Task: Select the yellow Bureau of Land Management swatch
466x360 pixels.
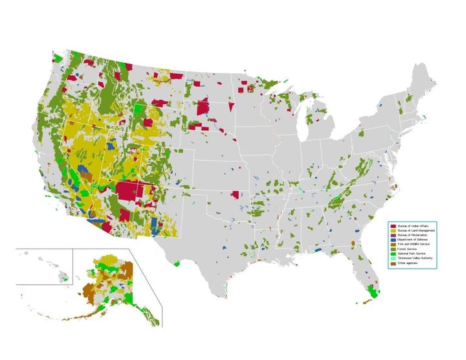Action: (x=393, y=231)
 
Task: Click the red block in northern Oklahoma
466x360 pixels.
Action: (x=235, y=194)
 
